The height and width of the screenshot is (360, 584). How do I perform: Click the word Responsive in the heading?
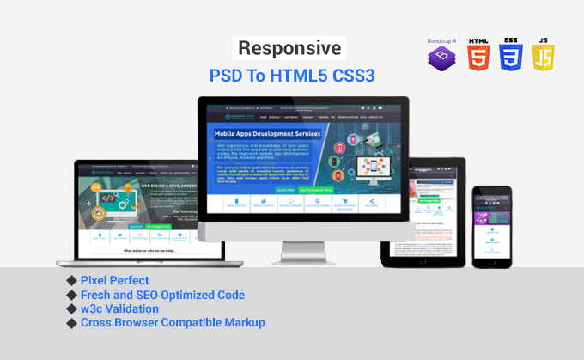(x=289, y=48)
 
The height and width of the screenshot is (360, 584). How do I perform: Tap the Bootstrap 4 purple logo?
(x=441, y=58)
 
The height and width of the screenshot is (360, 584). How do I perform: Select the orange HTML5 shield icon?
(x=478, y=56)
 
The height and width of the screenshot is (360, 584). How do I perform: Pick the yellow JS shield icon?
(x=544, y=56)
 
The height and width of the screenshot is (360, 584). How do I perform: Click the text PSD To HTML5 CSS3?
(x=292, y=76)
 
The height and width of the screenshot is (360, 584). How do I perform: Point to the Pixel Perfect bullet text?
(x=114, y=281)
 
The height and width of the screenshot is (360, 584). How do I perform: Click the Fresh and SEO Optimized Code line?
(x=162, y=295)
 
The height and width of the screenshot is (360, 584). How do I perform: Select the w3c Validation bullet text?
(x=119, y=308)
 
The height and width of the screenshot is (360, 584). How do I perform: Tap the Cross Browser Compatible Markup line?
(x=173, y=323)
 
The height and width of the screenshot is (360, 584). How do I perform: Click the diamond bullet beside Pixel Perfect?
(x=70, y=281)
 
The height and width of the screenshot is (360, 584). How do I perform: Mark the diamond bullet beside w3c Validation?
(x=70, y=308)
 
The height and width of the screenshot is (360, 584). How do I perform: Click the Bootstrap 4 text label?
(x=441, y=40)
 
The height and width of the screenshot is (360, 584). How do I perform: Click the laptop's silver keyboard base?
(x=140, y=259)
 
